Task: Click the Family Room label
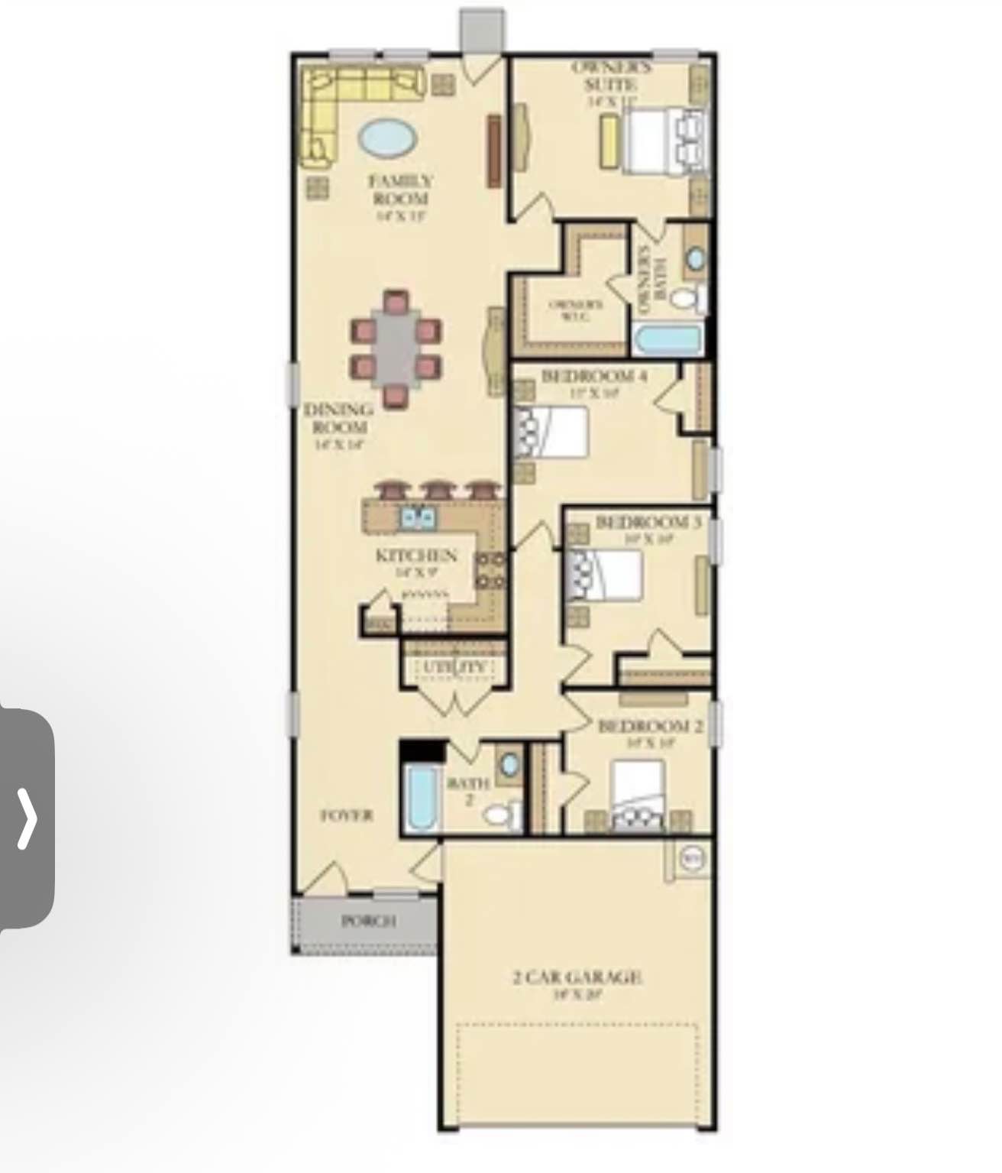click(400, 190)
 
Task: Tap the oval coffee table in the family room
click(389, 138)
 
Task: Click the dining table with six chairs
click(396, 348)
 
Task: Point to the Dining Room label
click(339, 418)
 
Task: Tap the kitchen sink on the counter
click(418, 518)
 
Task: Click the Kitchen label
click(416, 556)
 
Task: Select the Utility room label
click(454, 667)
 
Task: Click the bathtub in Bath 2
click(421, 798)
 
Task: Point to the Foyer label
click(346, 815)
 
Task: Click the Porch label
click(368, 921)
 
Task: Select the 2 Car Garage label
click(577, 977)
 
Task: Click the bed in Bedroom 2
click(638, 795)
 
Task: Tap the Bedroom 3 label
click(648, 523)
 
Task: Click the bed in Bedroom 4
click(554, 432)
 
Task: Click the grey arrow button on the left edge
click(27, 818)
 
